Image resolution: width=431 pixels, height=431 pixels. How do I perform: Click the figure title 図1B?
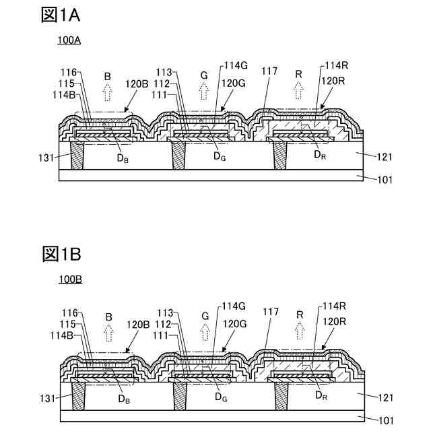(61, 255)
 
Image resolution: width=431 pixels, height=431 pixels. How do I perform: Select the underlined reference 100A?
(69, 41)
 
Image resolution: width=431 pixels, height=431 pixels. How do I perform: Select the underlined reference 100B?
(69, 279)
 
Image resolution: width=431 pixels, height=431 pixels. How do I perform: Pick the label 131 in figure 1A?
(45, 158)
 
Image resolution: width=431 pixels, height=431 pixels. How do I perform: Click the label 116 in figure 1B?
(69, 312)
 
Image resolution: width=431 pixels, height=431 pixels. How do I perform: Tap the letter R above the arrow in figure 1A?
(300, 73)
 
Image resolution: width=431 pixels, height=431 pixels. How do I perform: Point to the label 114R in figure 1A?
(336, 65)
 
